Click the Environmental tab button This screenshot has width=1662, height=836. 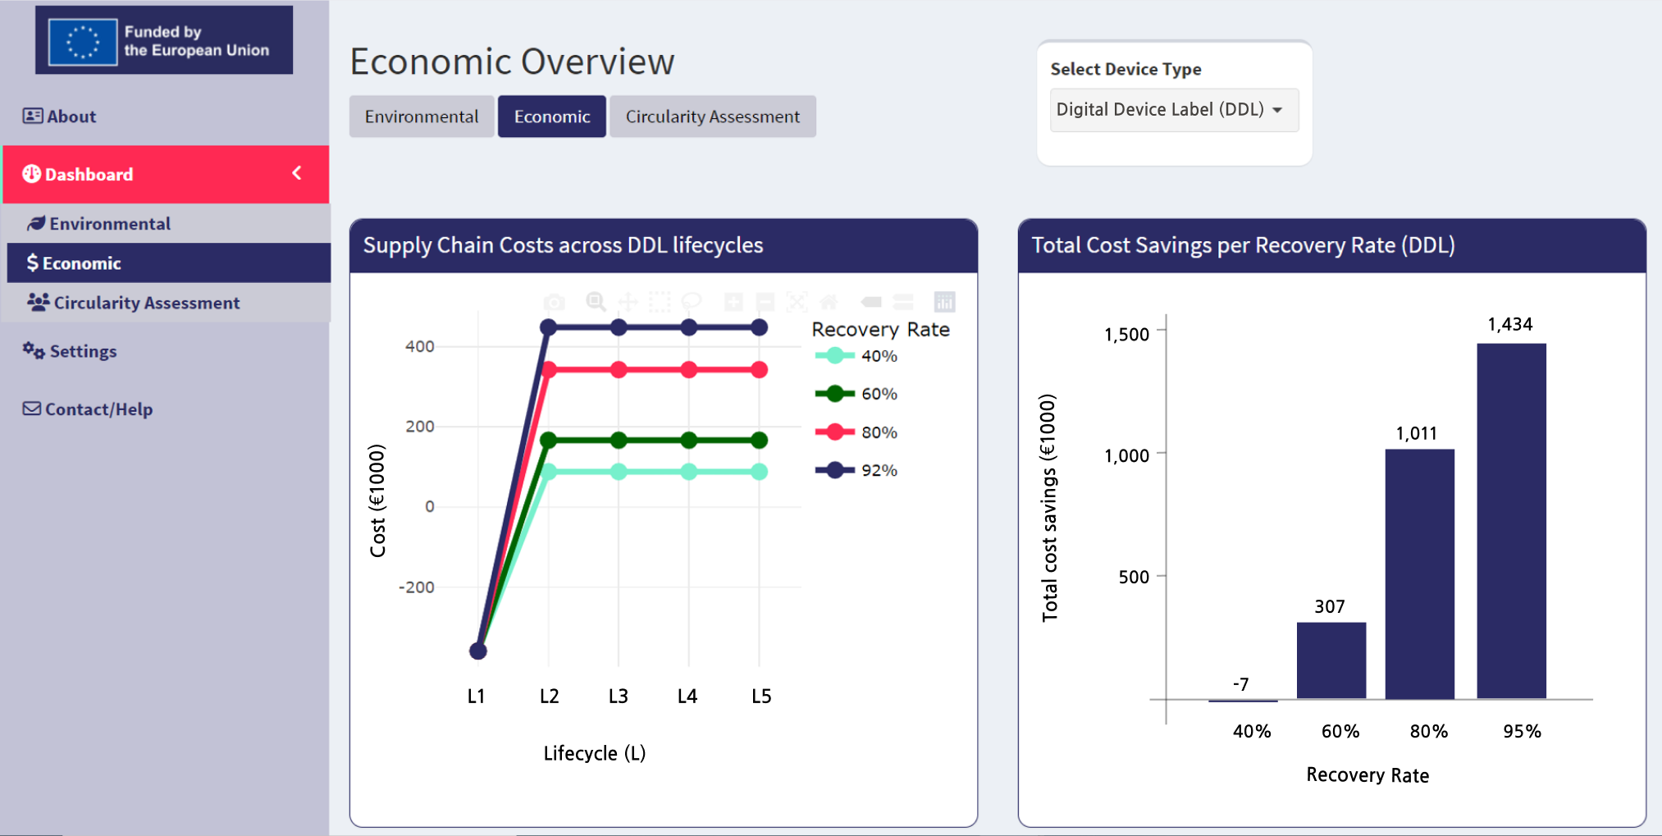[422, 116]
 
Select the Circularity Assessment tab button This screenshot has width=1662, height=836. [712, 116]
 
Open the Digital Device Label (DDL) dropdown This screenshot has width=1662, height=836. [1173, 110]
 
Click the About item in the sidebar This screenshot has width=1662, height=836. [60, 116]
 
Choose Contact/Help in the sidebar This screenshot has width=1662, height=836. [89, 409]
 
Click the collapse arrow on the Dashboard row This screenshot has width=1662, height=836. [297, 173]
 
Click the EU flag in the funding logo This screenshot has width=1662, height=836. [83, 41]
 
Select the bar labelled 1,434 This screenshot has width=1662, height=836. [1511, 520]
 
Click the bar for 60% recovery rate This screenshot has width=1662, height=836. [1331, 660]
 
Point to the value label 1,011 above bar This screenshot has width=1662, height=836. [1417, 433]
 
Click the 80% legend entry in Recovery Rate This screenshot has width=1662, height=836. [856, 432]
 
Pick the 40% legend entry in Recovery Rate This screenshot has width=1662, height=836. [856, 356]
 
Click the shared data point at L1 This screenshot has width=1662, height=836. [478, 651]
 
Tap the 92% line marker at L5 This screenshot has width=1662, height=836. [760, 327]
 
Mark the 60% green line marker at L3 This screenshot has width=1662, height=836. [619, 441]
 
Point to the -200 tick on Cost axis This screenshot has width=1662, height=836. [416, 587]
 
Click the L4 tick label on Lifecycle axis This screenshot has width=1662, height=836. [687, 697]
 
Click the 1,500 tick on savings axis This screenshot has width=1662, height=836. [1126, 334]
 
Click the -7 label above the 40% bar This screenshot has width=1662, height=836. [1240, 684]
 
